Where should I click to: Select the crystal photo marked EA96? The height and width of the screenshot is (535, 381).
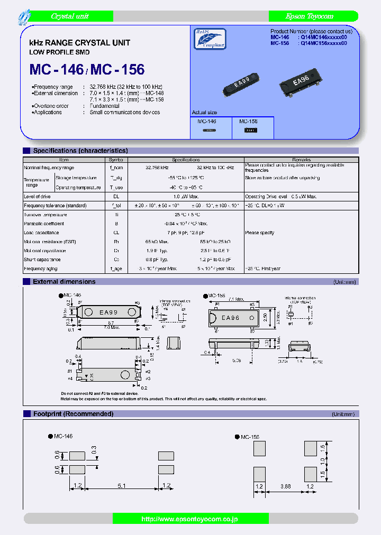click(x=300, y=81)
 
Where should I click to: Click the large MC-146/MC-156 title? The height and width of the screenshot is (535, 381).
click(x=87, y=69)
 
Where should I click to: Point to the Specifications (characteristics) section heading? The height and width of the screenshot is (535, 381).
click(x=80, y=151)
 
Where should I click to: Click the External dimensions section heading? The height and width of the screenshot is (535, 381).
click(x=64, y=282)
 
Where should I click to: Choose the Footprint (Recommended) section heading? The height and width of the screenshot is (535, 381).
click(x=73, y=413)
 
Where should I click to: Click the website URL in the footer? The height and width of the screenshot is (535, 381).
click(x=189, y=519)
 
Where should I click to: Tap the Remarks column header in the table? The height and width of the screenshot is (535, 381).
click(x=301, y=160)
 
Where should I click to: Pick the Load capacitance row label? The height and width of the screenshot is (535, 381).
click(x=41, y=233)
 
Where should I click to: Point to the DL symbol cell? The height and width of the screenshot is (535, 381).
click(x=115, y=197)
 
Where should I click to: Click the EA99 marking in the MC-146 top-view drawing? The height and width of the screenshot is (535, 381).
click(x=108, y=312)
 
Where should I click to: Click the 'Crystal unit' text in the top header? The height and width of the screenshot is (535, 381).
click(x=70, y=16)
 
